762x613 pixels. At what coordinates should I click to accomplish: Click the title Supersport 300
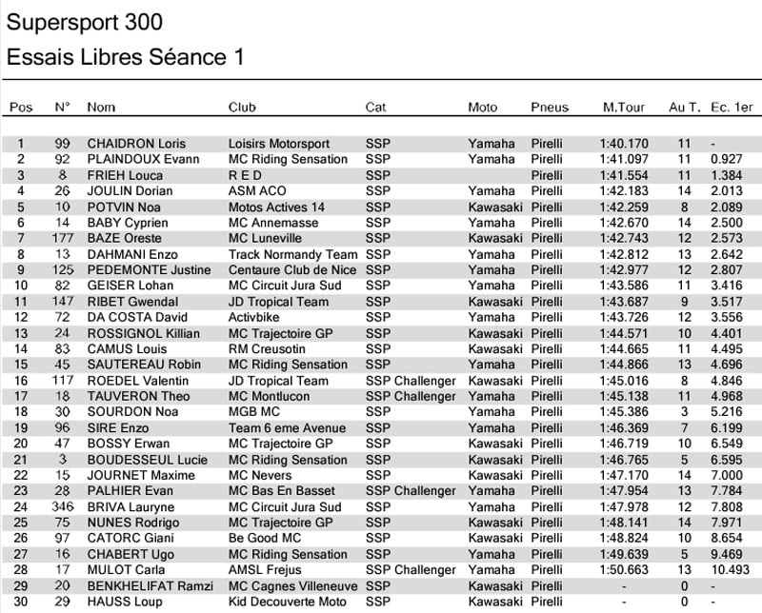84,22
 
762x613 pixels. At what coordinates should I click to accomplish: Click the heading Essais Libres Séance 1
125,57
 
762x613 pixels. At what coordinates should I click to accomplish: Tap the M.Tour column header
624,108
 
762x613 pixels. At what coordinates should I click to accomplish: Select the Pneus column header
550,108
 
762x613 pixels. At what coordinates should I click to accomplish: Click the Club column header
242,108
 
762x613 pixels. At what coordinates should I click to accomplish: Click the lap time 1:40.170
624,144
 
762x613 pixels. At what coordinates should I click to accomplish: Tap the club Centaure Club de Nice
292,270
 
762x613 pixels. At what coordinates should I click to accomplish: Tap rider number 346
63,507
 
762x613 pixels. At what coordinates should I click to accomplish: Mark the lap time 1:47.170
624,475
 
